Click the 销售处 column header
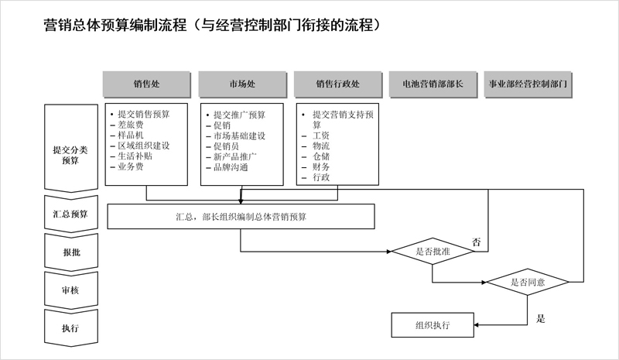pos(146,84)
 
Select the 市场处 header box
pos(242,84)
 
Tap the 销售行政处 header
pos(338,84)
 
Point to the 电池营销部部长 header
pos(433,84)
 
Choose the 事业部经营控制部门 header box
pos(528,84)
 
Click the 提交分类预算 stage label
pos(70,155)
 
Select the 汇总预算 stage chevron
pos(70,214)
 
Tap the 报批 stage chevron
pos(70,252)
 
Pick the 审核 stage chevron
pos(70,290)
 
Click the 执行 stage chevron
pos(70,328)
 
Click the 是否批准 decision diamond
pos(433,252)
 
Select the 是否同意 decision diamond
pos(528,282)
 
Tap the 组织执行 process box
pos(433,325)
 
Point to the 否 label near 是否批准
pos(477,242)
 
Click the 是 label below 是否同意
pos(540,318)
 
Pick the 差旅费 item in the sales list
pos(130,125)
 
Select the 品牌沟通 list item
pos(231,167)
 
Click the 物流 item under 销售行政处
pos(321,146)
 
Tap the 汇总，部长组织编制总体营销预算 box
pos(241,217)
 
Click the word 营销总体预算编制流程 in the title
pos(115,25)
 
